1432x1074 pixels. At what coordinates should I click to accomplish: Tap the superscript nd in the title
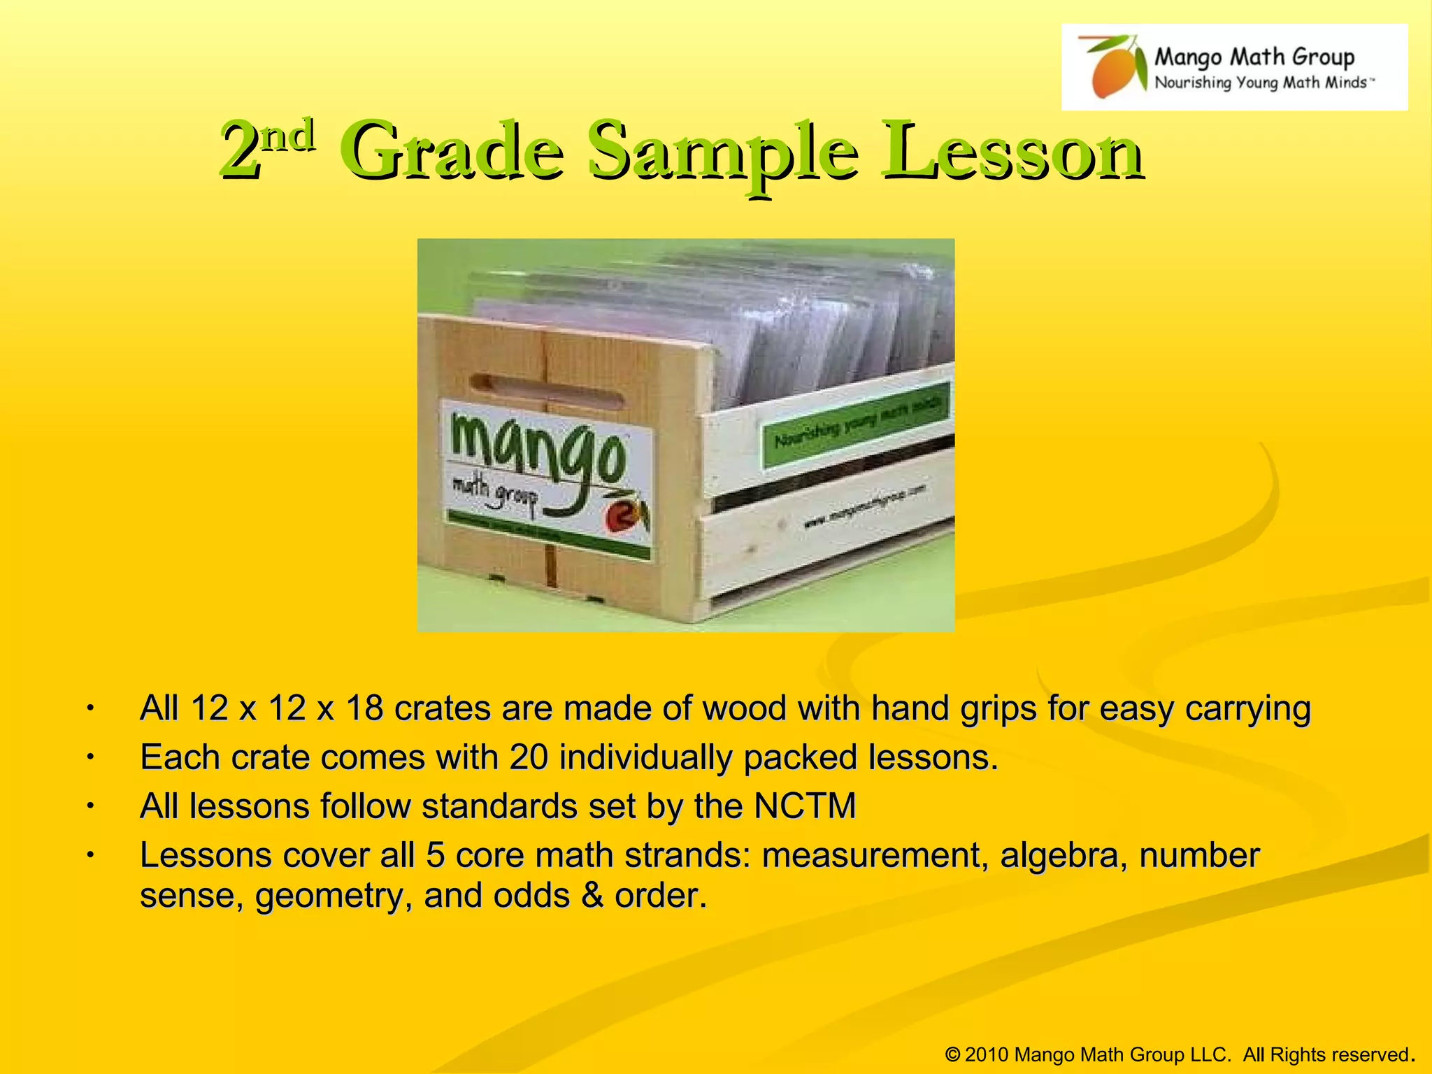[x=288, y=134]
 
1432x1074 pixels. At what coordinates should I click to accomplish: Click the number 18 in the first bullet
[x=364, y=708]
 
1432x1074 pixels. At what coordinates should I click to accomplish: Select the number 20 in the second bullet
[x=529, y=757]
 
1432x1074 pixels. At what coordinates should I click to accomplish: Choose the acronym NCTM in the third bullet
[x=805, y=806]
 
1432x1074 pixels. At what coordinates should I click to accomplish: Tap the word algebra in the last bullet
[x=1063, y=855]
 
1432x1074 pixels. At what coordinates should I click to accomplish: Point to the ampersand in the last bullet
[x=592, y=896]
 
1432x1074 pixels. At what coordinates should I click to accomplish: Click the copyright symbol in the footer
[x=952, y=1054]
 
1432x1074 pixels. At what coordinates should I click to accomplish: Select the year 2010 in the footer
[x=986, y=1054]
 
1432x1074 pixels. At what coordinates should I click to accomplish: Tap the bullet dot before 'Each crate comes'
[x=89, y=757]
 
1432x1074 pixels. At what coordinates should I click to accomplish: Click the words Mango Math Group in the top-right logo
[x=1254, y=56]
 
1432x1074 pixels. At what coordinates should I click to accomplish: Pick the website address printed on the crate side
[x=864, y=506]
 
